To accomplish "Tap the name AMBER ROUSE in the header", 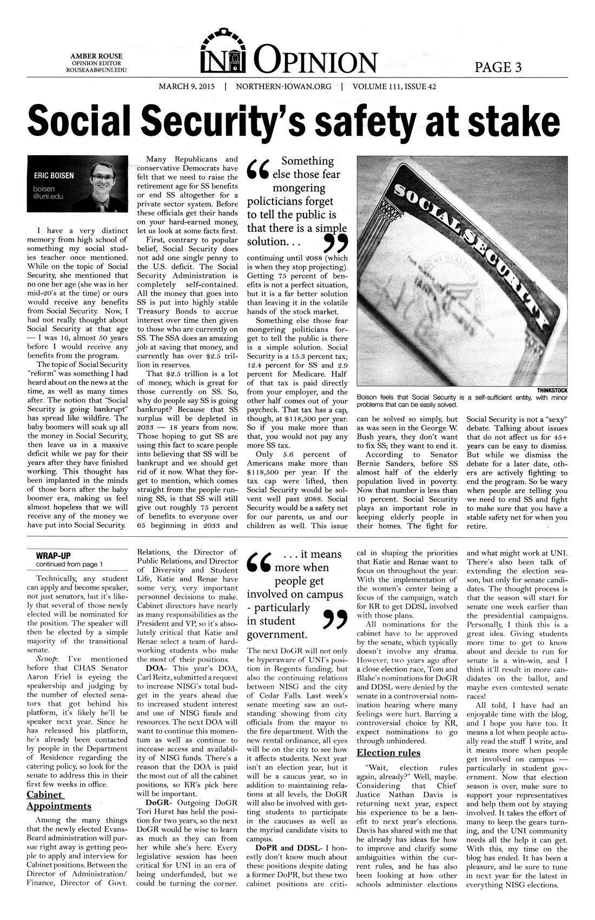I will [x=96, y=56].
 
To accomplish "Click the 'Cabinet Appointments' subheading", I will [x=59, y=800].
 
